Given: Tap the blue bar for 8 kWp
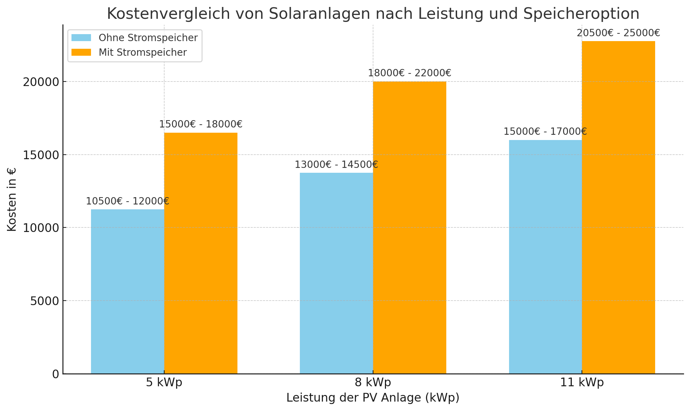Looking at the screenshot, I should click(x=336, y=273).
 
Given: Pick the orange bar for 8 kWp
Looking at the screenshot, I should click(x=410, y=227).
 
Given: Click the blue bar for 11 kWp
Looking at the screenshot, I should click(x=545, y=257).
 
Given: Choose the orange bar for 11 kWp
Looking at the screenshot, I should click(x=619, y=207).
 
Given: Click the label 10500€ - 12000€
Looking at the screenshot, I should click(x=128, y=201).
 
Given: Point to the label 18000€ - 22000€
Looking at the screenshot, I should click(x=410, y=73).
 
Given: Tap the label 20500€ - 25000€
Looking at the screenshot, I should click(x=619, y=33).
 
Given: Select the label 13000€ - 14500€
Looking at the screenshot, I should click(x=336, y=165).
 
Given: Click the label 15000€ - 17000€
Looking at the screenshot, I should click(x=545, y=132).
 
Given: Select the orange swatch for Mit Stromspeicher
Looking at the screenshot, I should click(x=81, y=52).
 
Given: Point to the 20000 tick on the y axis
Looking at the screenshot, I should click(x=41, y=82).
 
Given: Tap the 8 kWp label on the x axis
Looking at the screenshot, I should click(x=373, y=382).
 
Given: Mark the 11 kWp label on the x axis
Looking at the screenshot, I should click(x=582, y=382).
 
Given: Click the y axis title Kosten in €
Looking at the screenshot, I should click(x=12, y=199).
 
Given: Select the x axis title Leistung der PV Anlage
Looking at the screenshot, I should click(x=373, y=398).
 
